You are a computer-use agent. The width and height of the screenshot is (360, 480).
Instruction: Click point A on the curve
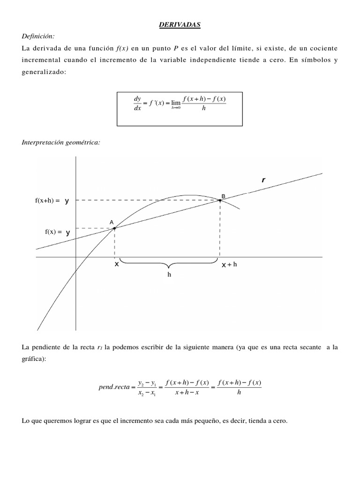click(x=114, y=228)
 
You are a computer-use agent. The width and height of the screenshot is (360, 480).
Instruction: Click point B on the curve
click(x=220, y=200)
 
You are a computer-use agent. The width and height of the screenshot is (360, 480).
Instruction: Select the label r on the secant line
click(x=263, y=180)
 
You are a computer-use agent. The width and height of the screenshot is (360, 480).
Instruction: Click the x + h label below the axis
click(x=230, y=264)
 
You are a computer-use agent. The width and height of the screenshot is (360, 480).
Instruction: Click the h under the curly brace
click(x=170, y=275)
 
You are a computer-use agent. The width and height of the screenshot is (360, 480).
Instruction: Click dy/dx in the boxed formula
click(x=137, y=104)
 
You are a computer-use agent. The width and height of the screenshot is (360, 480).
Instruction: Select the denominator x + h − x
click(x=187, y=392)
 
